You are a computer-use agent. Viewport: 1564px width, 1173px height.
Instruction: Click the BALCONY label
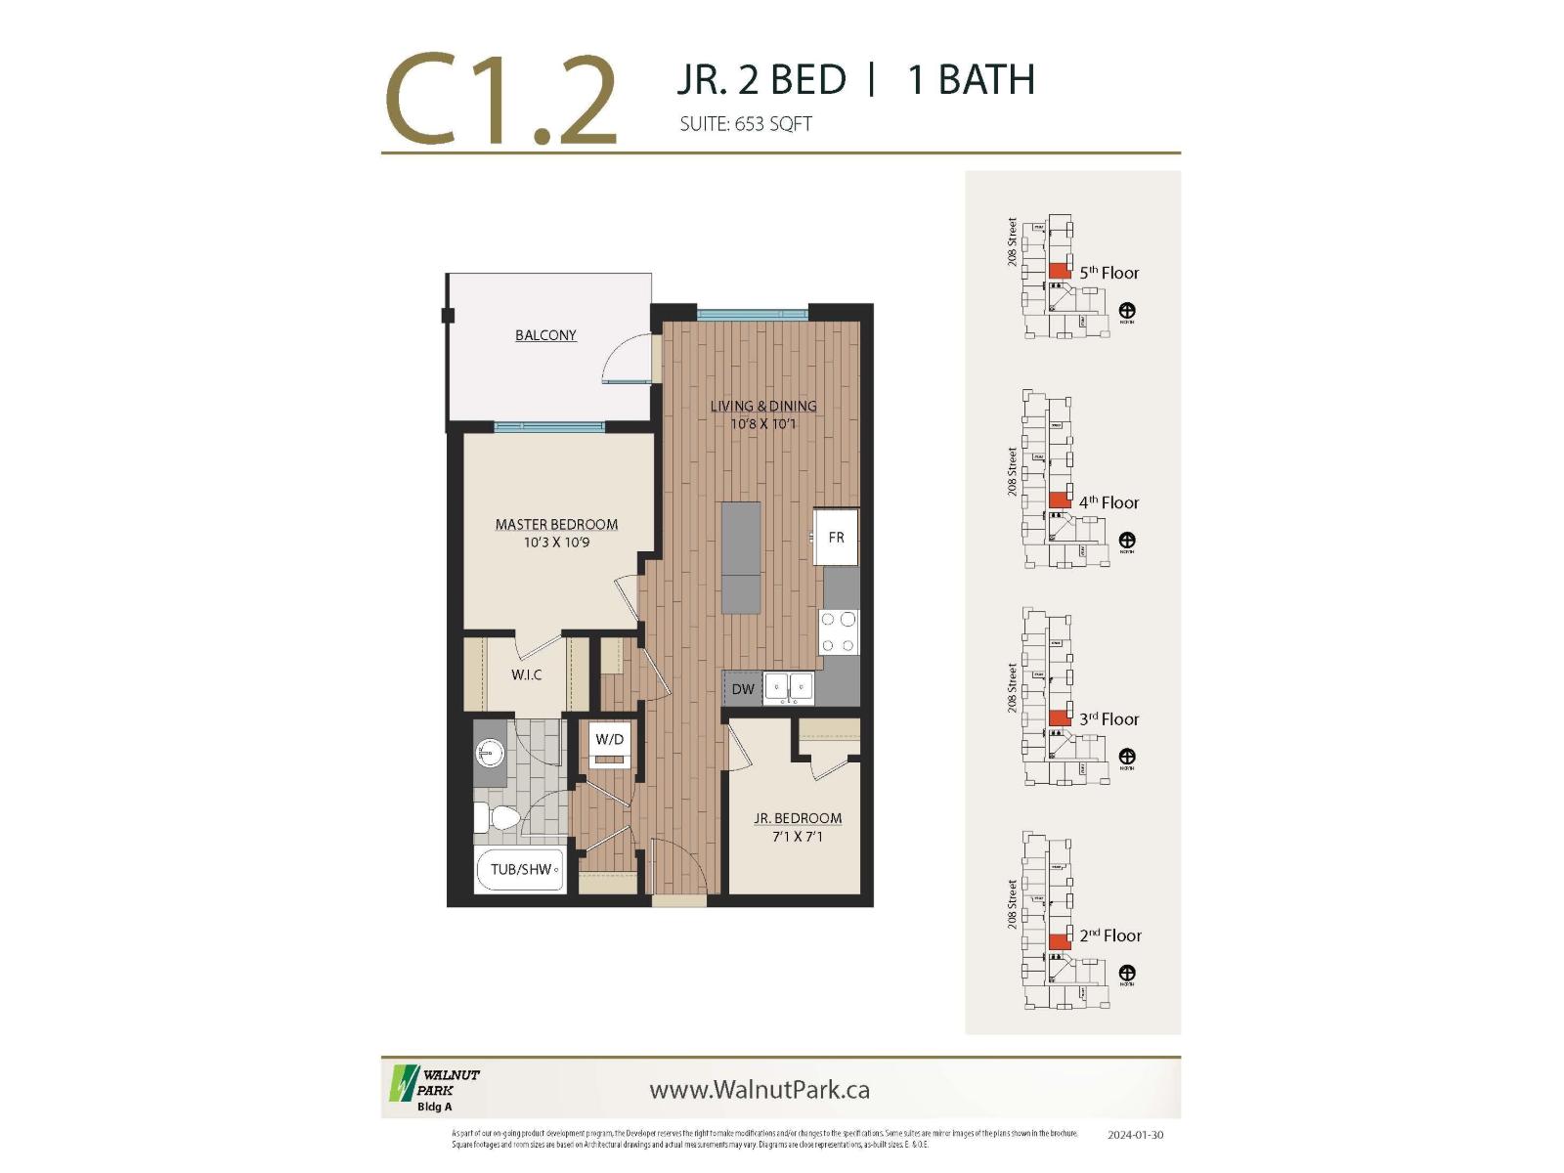[545, 335]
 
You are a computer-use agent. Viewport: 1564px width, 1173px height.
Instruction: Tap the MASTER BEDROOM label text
[556, 525]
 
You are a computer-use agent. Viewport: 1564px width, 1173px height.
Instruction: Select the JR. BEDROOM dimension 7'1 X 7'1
[797, 837]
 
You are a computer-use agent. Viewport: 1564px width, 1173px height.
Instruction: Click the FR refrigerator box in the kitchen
[836, 537]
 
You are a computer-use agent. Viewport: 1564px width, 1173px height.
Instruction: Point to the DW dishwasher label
[743, 688]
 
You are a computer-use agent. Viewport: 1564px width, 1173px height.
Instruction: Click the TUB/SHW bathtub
[521, 869]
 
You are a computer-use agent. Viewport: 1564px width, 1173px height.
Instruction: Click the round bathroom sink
[490, 753]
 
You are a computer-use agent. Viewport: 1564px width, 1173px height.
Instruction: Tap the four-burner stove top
[839, 631]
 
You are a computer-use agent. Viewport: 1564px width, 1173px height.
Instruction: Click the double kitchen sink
[789, 687]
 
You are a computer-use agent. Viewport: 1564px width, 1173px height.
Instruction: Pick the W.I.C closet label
[526, 674]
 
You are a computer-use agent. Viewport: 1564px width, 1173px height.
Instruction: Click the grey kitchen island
[741, 557]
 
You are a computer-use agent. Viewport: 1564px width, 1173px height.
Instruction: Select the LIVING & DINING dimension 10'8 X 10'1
[763, 424]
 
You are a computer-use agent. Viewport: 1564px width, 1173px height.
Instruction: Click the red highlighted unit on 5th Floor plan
[1059, 272]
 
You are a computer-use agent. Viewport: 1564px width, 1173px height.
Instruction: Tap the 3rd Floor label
[1108, 719]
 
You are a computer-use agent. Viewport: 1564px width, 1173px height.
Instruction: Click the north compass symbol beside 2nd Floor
[1126, 974]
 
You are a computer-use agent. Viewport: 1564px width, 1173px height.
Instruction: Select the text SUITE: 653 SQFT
[746, 124]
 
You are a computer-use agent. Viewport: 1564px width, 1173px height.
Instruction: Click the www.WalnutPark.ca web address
[760, 1090]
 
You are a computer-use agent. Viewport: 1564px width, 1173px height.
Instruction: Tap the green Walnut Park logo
[404, 1083]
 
